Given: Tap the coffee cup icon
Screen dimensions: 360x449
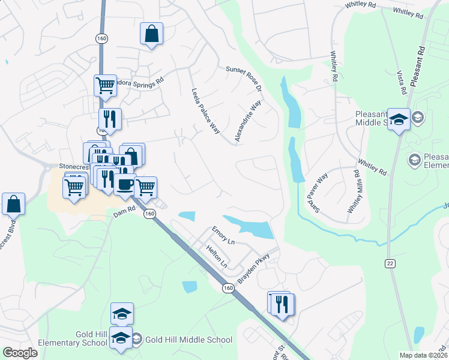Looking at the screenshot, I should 125,185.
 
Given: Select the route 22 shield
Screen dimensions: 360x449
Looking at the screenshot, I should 391,263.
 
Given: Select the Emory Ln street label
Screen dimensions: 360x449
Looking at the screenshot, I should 223,235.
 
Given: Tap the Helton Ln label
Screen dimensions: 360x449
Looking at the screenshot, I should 217,256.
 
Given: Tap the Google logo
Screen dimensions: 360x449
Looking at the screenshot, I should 20,353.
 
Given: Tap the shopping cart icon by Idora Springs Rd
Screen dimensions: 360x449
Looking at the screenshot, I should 105,85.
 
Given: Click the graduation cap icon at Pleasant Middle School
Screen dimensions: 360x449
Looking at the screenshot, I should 399,119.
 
